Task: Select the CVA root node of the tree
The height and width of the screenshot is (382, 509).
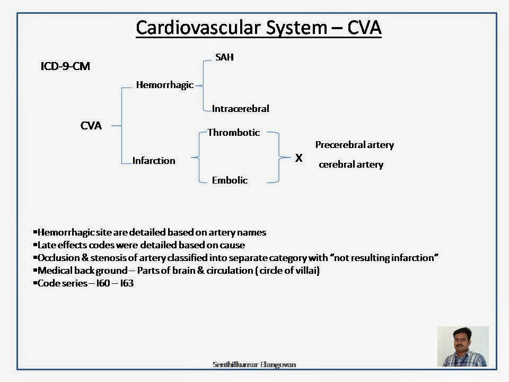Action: click(91, 126)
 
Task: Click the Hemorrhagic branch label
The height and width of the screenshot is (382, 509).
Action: click(164, 85)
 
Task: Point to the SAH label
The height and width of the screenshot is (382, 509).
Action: click(224, 57)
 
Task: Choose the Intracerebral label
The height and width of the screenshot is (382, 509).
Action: click(240, 109)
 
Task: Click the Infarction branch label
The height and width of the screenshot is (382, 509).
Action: click(154, 160)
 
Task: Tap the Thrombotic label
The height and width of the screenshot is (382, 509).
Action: click(233, 133)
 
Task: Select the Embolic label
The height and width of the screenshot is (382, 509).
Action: click(230, 180)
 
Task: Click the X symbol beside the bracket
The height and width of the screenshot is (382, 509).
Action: click(299, 158)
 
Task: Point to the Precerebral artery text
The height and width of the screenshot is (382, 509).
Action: click(354, 145)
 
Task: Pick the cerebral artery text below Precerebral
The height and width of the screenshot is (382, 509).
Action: click(350, 164)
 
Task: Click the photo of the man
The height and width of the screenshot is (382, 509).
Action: click(463, 346)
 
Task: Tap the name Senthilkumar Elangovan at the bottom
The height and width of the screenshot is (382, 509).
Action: click(254, 364)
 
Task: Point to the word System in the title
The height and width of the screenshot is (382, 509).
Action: click(293, 27)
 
